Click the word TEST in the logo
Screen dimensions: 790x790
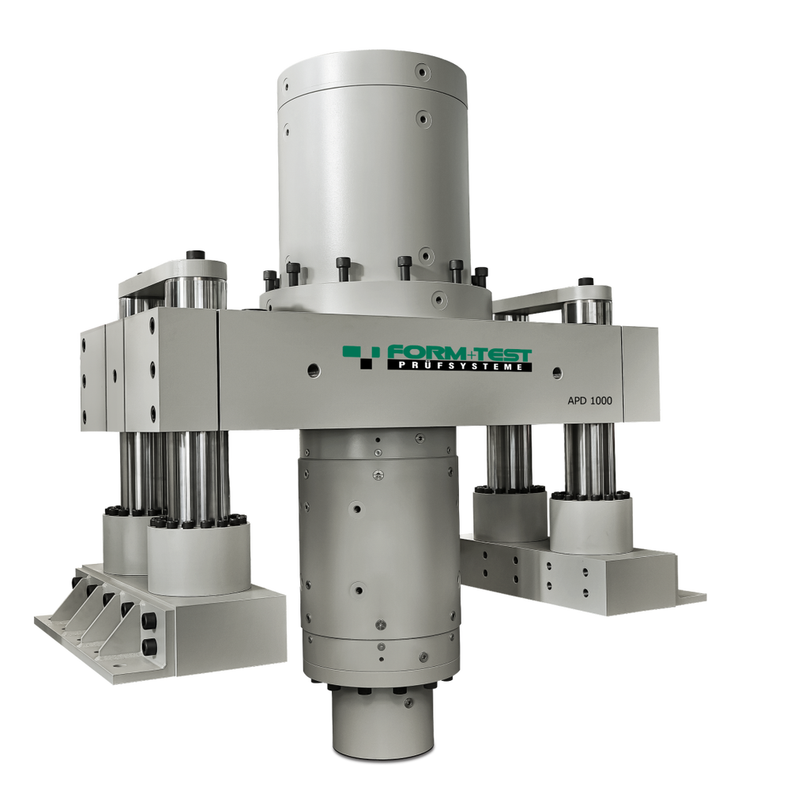tap(502, 354)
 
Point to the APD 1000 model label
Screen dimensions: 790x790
tap(590, 401)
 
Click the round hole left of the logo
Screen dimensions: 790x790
tap(314, 370)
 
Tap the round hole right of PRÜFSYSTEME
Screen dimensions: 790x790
tap(557, 373)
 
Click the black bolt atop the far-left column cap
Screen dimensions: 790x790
tap(194, 255)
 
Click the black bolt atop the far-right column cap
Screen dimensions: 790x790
tap(585, 281)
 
